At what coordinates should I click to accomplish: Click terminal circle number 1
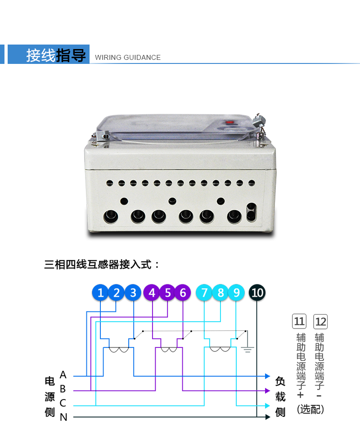[x=100, y=293]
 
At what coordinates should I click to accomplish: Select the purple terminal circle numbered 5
[x=167, y=293]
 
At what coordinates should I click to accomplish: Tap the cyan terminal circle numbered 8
[x=220, y=293]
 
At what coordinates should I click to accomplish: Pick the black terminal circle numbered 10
[x=257, y=293]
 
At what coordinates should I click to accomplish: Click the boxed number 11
[x=299, y=321]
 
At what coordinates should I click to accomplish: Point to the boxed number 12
[x=320, y=321]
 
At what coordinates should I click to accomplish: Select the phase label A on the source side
[x=63, y=374]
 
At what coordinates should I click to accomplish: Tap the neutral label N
[x=63, y=417]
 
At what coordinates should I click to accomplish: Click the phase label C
[x=63, y=403]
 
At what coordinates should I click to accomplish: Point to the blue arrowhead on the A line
[x=267, y=375]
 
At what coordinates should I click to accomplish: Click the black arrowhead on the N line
[x=268, y=417]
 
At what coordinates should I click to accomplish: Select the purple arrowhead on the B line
[x=267, y=390]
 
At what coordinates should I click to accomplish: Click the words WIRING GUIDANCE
[x=128, y=58]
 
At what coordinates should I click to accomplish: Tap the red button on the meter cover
[x=230, y=121]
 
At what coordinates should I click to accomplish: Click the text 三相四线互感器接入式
[x=102, y=264]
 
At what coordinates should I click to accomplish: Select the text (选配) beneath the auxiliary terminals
[x=310, y=409]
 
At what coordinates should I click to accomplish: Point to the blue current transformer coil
[x=119, y=350]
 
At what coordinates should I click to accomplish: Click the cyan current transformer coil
[x=220, y=350]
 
